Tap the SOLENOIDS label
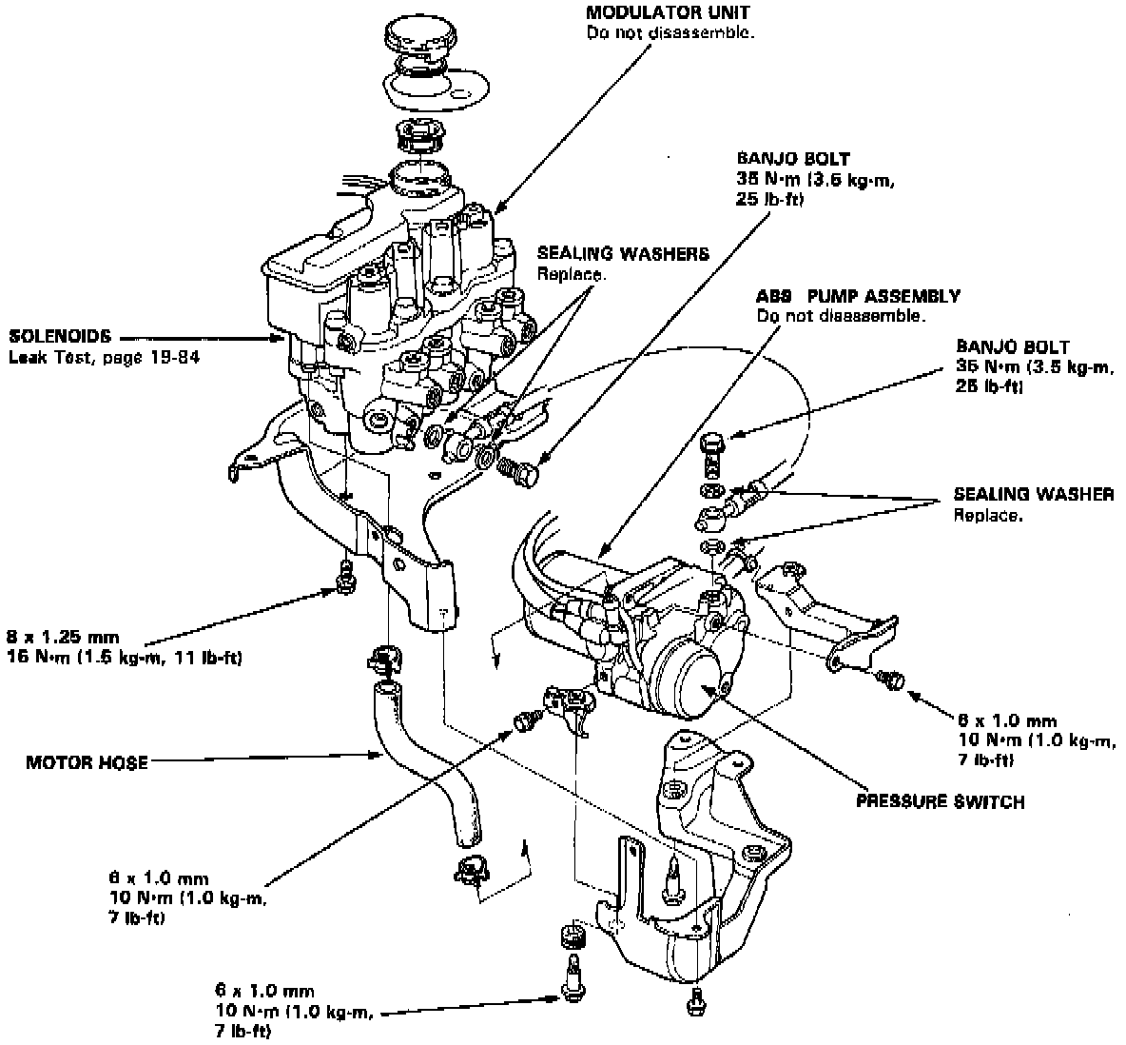point(60,336)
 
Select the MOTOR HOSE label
point(87,762)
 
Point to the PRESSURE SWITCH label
point(940,801)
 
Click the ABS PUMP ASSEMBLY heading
point(858,296)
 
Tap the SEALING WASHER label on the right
point(1034,495)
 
